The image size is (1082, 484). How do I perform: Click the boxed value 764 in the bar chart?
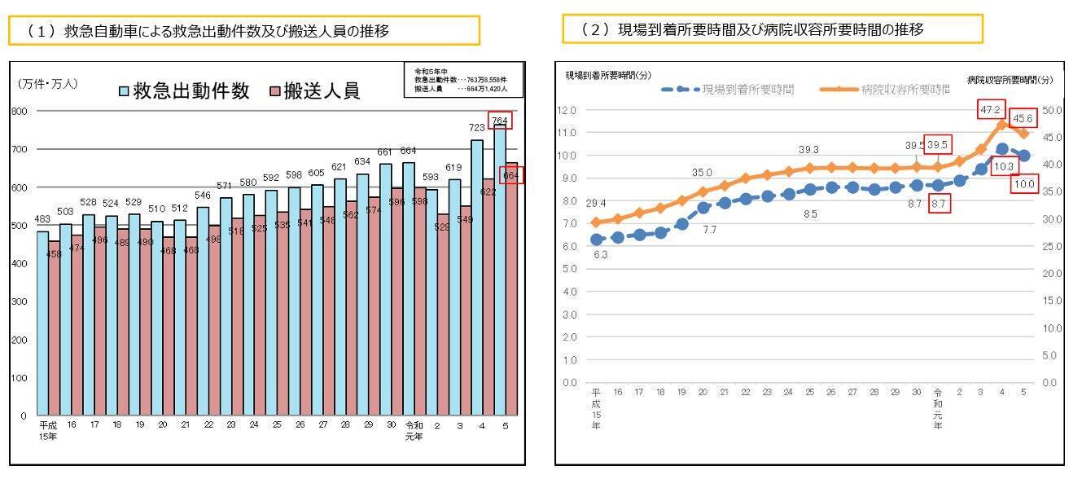pos(501,121)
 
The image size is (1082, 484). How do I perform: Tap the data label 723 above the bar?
pos(477,130)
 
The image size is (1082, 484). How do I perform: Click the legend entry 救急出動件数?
pos(183,91)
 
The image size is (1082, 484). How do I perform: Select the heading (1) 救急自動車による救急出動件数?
pos(244,31)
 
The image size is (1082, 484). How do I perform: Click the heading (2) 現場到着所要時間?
pos(772,29)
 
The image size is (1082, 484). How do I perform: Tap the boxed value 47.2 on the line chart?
pos(991,109)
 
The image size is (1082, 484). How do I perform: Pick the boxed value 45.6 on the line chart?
pos(1023,119)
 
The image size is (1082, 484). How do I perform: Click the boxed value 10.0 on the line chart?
pos(1023,184)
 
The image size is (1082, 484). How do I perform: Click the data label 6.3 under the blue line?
pos(600,255)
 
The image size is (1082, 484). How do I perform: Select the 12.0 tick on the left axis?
pos(567,110)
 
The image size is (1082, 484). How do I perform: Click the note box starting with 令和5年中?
pos(458,80)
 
